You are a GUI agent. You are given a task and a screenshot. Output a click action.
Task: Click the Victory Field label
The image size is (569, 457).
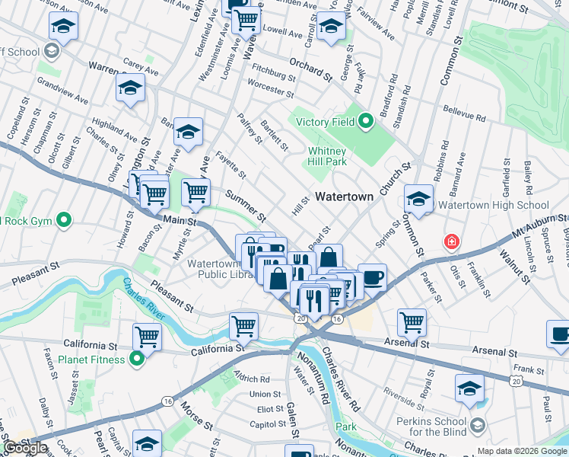pos(325,122)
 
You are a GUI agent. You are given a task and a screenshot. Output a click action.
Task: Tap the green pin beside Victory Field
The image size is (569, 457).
pos(366,121)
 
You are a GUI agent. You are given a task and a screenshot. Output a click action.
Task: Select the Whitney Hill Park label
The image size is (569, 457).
pos(327,156)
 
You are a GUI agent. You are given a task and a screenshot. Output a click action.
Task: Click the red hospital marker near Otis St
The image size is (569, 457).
pos(453,242)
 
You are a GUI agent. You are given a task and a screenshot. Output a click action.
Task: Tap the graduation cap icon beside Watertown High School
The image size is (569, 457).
pos(418,200)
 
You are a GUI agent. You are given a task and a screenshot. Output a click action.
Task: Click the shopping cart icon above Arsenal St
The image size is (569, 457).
pos(412,321)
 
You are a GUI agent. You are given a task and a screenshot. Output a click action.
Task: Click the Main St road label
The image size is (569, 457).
pos(181,222)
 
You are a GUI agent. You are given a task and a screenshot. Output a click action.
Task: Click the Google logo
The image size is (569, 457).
pos(25,448)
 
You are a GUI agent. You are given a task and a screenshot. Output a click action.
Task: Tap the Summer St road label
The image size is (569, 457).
pos(244,205)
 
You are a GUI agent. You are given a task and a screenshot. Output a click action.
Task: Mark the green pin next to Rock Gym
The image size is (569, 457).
pos(64,221)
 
